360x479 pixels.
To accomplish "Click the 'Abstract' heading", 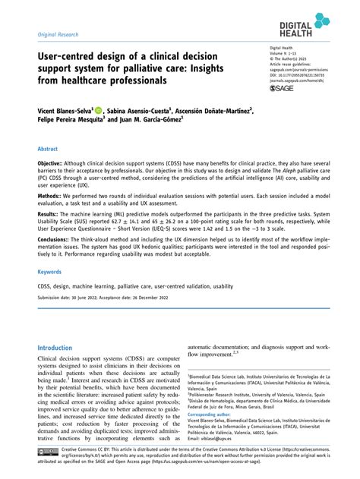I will (x=49, y=150).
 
